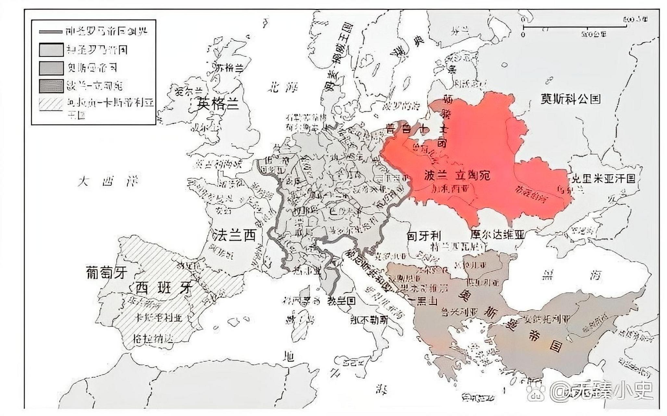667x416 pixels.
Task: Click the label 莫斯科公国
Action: click(571, 99)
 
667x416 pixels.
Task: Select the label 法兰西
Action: click(234, 235)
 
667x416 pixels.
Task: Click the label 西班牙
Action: click(164, 287)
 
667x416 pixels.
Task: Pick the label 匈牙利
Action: click(424, 236)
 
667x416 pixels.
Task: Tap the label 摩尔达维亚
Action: click(497, 235)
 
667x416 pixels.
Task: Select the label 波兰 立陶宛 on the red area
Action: click(457, 175)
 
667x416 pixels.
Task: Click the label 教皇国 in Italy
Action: click(341, 300)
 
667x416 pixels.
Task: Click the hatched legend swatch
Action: click(51, 104)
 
